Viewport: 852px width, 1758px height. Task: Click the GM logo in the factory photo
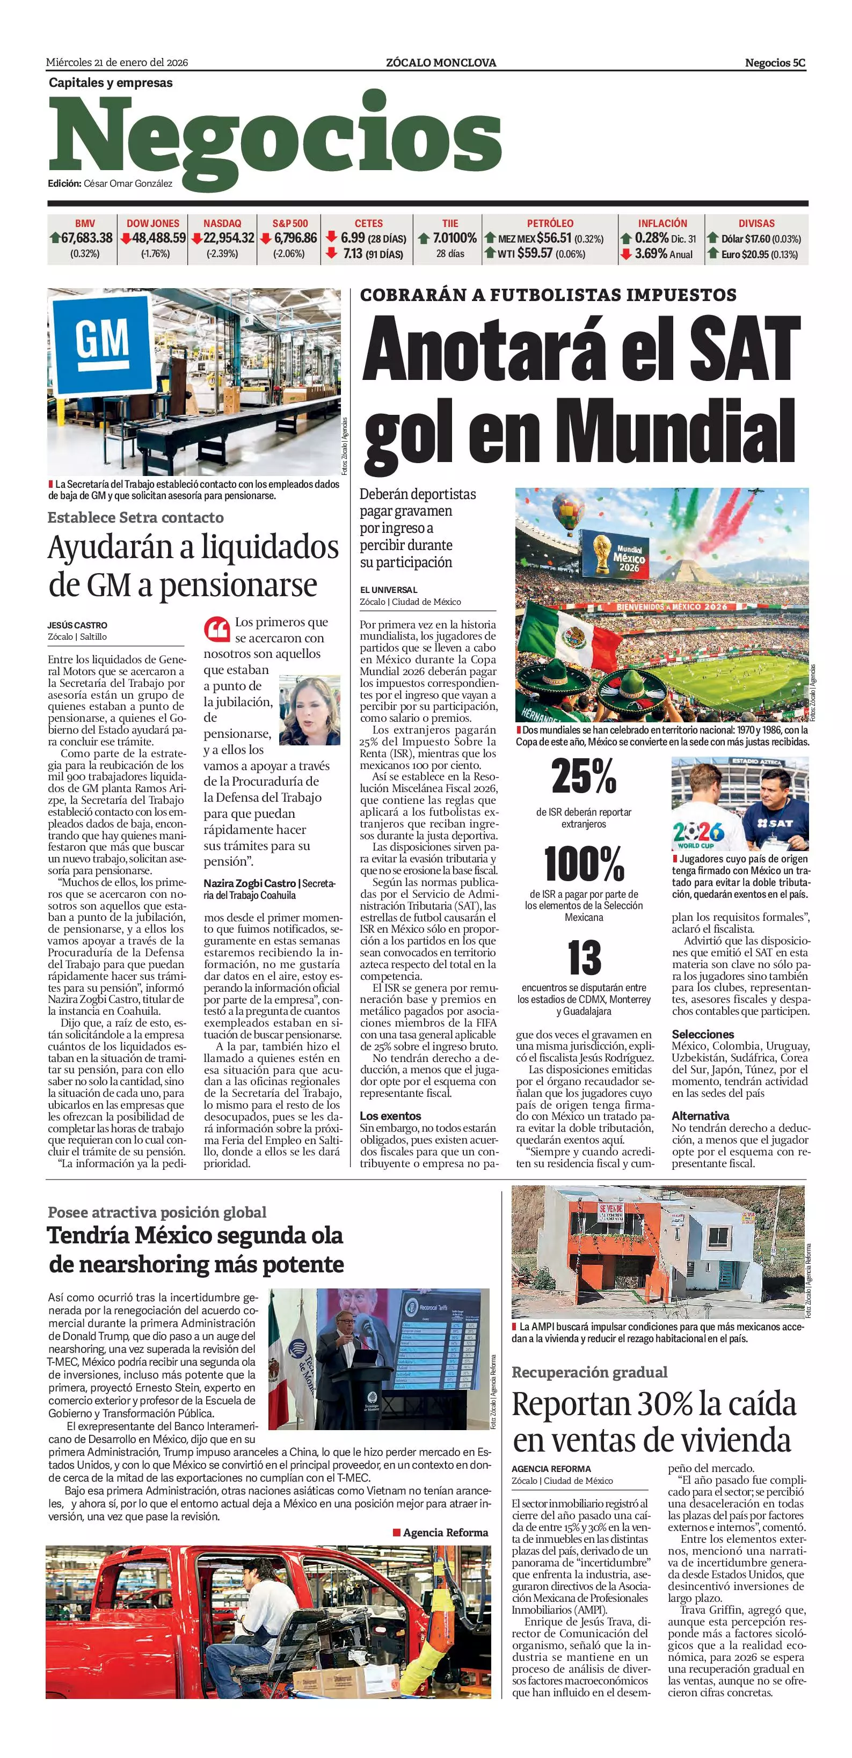coord(101,339)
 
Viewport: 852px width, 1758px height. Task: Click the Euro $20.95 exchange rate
coord(759,254)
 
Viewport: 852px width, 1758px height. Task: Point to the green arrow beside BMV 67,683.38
coord(55,238)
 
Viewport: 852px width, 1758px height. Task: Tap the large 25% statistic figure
coord(584,777)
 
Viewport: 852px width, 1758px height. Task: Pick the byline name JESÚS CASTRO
coord(77,625)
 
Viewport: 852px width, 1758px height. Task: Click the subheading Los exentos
coord(390,1116)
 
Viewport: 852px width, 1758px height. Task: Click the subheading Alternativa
coord(700,1116)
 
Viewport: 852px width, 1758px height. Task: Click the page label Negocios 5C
coord(775,63)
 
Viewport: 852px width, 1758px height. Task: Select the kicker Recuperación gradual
coord(589,1386)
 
